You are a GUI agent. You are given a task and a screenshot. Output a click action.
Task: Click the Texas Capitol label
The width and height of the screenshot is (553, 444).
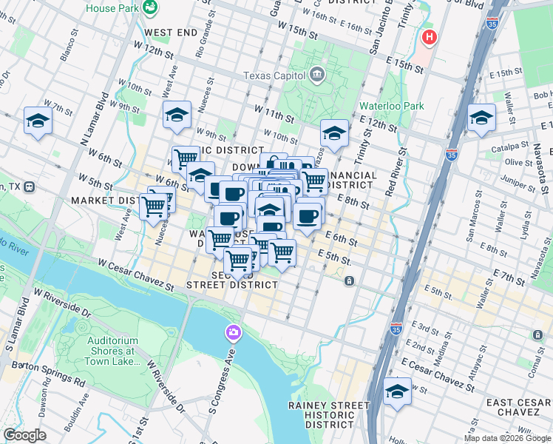point(275,75)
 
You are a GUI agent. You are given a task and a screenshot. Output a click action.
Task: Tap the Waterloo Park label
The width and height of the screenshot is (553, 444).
point(392,106)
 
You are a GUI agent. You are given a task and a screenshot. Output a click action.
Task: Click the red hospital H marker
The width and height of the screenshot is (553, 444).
point(428,37)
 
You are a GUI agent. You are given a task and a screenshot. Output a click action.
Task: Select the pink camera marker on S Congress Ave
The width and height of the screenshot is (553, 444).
point(234,333)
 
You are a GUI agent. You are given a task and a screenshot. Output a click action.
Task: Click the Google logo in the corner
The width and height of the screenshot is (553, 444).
point(24,435)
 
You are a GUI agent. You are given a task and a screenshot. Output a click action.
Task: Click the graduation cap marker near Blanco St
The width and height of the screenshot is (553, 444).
point(38,121)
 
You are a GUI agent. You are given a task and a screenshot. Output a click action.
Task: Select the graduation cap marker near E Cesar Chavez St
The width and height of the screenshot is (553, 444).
point(398,391)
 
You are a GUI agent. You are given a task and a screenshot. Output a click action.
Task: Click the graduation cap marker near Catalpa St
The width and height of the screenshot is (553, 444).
point(481,118)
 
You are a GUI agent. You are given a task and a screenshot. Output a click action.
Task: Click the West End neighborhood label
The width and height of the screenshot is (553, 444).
point(171,33)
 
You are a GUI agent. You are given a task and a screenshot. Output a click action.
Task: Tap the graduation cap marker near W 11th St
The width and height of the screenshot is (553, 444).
point(177,115)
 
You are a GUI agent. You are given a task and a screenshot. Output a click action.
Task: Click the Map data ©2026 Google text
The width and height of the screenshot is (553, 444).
point(507,438)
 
